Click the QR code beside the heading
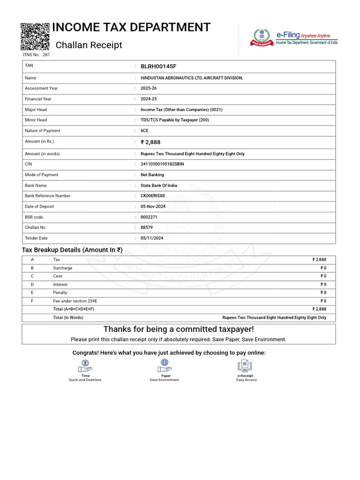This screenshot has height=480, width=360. (35, 36)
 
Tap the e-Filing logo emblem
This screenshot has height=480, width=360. (262, 37)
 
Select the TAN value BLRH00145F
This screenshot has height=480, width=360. (158, 67)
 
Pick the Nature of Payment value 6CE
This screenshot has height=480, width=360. (145, 131)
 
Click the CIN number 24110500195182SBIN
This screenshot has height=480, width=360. (162, 164)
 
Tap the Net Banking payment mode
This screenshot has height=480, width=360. (152, 175)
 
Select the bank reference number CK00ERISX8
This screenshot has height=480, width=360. (153, 196)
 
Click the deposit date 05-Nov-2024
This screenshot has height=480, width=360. (153, 207)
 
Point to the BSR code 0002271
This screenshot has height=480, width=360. (149, 217)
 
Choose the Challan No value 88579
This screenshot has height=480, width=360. (147, 227)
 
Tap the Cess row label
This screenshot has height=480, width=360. (58, 276)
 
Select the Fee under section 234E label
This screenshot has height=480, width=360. (75, 301)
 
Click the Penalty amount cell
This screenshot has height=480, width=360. (323, 292)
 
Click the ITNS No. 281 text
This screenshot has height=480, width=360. (36, 55)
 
